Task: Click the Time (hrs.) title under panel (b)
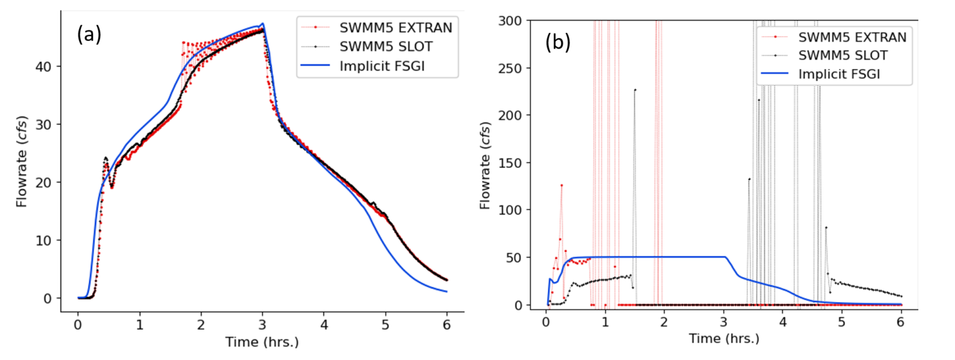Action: tap(724, 339)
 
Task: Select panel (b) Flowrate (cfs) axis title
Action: tap(486, 165)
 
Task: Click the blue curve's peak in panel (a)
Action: tap(262, 24)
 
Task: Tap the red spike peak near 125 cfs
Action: tap(561, 185)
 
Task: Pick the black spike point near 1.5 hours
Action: tap(635, 90)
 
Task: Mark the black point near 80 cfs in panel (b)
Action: tap(826, 228)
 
